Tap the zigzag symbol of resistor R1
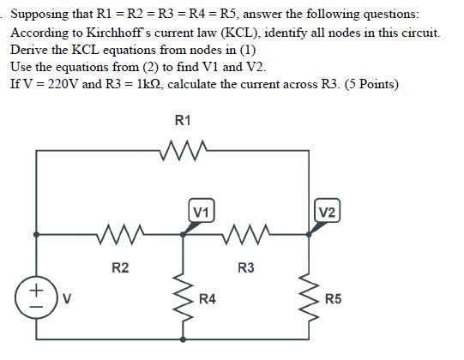(x=183, y=153)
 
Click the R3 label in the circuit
(x=245, y=269)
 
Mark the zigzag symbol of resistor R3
(x=245, y=231)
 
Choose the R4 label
(x=208, y=300)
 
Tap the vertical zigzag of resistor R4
(x=183, y=296)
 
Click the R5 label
(x=333, y=300)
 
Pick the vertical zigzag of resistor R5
(x=307, y=296)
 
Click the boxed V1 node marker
(x=202, y=211)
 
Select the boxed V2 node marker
(x=327, y=211)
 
